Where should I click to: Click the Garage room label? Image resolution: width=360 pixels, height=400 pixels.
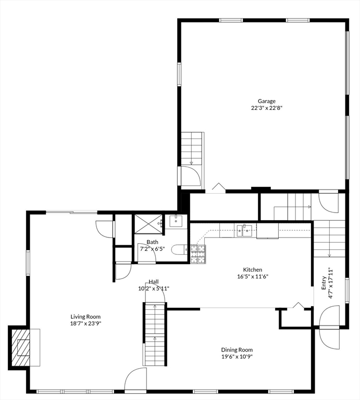coord(266,101)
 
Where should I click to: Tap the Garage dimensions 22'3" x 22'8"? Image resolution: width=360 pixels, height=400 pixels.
coord(267,108)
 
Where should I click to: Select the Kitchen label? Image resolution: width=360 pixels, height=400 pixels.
coord(252,270)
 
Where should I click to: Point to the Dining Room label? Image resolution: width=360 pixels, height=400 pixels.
coord(237,350)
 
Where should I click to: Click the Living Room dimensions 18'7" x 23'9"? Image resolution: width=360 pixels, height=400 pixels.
coord(85,323)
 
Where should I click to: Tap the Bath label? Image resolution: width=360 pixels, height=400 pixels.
coord(152,242)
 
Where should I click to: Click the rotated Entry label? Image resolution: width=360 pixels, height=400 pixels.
coord(324,283)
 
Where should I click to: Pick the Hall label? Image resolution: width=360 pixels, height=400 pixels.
coord(154,282)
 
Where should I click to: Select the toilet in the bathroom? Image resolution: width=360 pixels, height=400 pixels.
coord(179,250)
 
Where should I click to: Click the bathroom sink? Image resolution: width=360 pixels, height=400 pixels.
coord(176,221)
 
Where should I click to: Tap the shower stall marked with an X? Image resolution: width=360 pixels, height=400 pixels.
coord(148,224)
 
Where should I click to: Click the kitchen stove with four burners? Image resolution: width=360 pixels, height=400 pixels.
coord(198,254)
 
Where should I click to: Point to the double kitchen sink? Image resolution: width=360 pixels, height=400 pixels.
coord(244,230)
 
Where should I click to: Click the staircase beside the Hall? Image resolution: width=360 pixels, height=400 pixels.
coord(154,334)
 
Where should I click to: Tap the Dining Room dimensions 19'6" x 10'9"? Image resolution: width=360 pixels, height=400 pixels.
coord(237,357)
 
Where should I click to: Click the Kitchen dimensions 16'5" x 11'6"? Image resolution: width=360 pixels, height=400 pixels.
coord(253,276)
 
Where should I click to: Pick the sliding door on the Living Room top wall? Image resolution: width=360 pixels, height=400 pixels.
coord(72,212)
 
